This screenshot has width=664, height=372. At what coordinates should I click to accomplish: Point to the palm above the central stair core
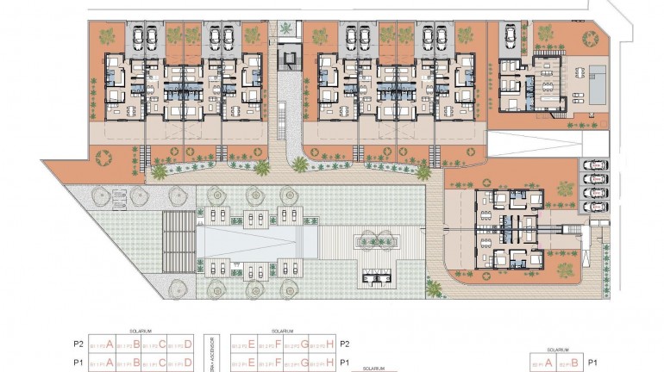[285, 30]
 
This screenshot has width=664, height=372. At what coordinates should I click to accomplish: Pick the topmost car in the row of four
[594, 165]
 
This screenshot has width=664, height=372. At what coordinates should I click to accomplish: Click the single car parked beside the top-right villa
[510, 37]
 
